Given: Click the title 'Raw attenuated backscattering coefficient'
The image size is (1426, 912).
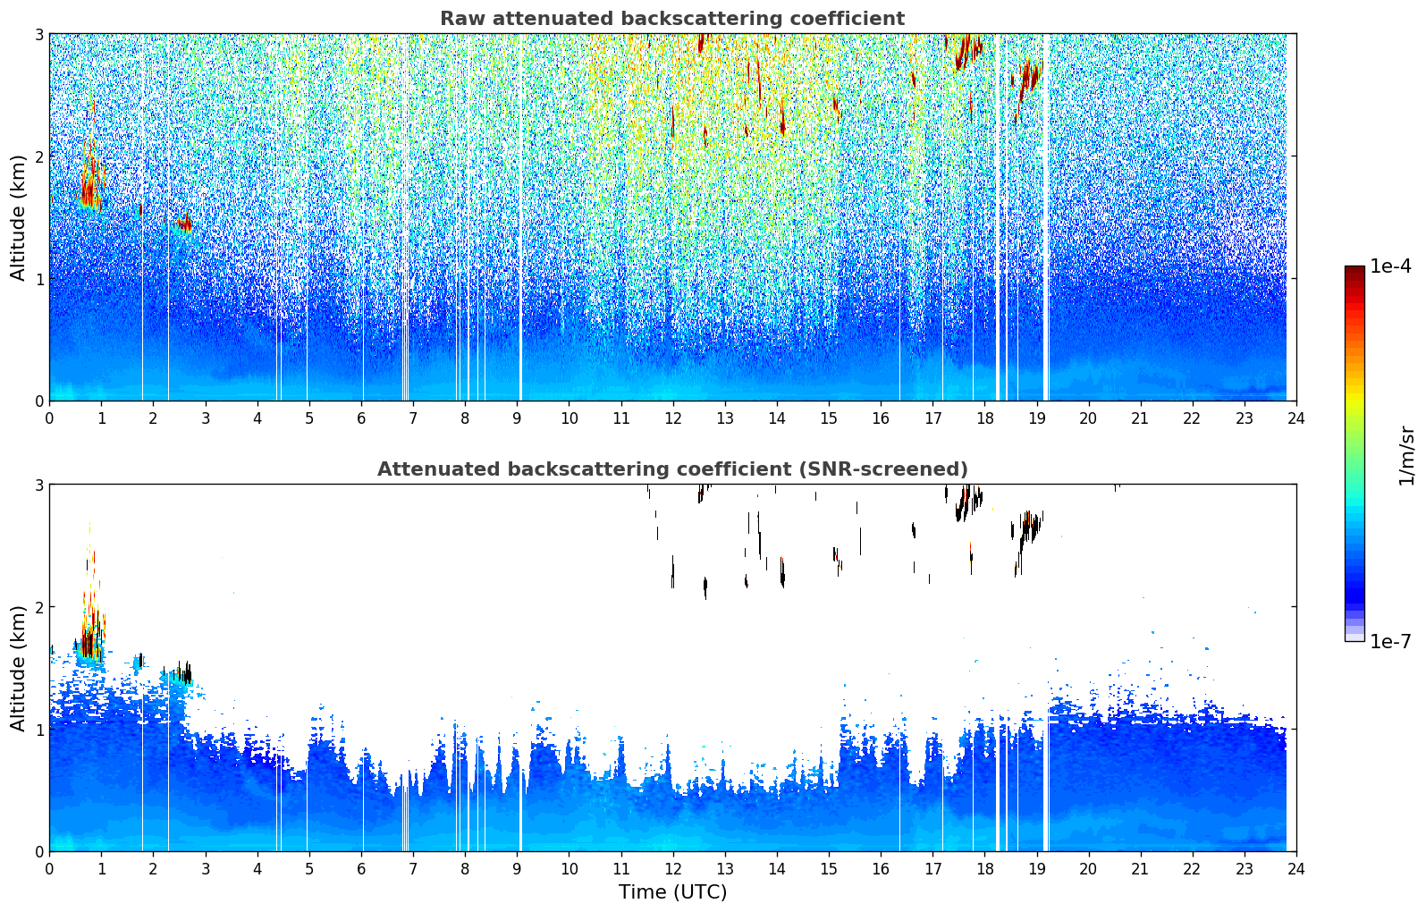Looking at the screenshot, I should tap(671, 19).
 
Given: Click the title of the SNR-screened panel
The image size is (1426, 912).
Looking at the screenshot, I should tap(671, 469).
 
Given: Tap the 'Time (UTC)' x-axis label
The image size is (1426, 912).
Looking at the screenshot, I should tap(672, 892).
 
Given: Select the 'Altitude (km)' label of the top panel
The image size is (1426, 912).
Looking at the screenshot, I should tap(19, 217).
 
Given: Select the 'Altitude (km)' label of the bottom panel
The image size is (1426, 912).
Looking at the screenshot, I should tap(19, 668).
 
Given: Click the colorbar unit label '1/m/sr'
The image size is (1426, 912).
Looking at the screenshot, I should tap(1406, 456).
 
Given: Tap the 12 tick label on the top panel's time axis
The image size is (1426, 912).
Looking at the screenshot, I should tap(672, 418).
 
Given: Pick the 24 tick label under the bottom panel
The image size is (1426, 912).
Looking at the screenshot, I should tap(1295, 869).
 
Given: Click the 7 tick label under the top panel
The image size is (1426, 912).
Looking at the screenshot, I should tap(413, 418).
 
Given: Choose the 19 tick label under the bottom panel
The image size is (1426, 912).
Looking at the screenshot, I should tap(1036, 869).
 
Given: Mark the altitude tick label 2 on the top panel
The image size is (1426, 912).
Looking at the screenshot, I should tap(39, 156).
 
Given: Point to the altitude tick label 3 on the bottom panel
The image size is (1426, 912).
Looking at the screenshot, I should tap(39, 485).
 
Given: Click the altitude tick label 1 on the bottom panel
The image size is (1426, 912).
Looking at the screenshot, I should tap(39, 730).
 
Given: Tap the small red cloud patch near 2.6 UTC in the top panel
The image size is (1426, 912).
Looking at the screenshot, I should tap(184, 224).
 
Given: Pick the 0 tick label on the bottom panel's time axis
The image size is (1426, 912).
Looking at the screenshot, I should tap(49, 869).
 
